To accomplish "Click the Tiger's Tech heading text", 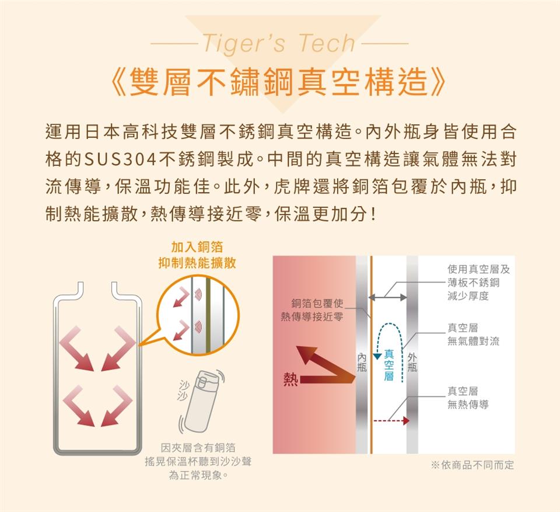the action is (279, 43).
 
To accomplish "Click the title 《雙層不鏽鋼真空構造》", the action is (279, 82).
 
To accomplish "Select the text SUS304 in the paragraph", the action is (120, 159).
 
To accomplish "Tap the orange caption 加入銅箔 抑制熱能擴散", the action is (197, 255).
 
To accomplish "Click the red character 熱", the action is (290, 379).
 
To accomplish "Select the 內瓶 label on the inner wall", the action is (362, 363).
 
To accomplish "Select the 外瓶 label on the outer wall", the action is (412, 363).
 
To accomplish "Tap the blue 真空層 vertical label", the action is (389, 365).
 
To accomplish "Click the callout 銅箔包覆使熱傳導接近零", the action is (312, 310).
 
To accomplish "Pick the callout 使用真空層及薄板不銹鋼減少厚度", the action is (478, 283).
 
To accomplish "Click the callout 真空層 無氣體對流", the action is (473, 335).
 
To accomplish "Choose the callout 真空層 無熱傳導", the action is (468, 398).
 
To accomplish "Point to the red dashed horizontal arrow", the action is (391, 420).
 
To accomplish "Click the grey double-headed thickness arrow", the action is (387, 297).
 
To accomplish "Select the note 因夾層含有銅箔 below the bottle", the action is (198, 448).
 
